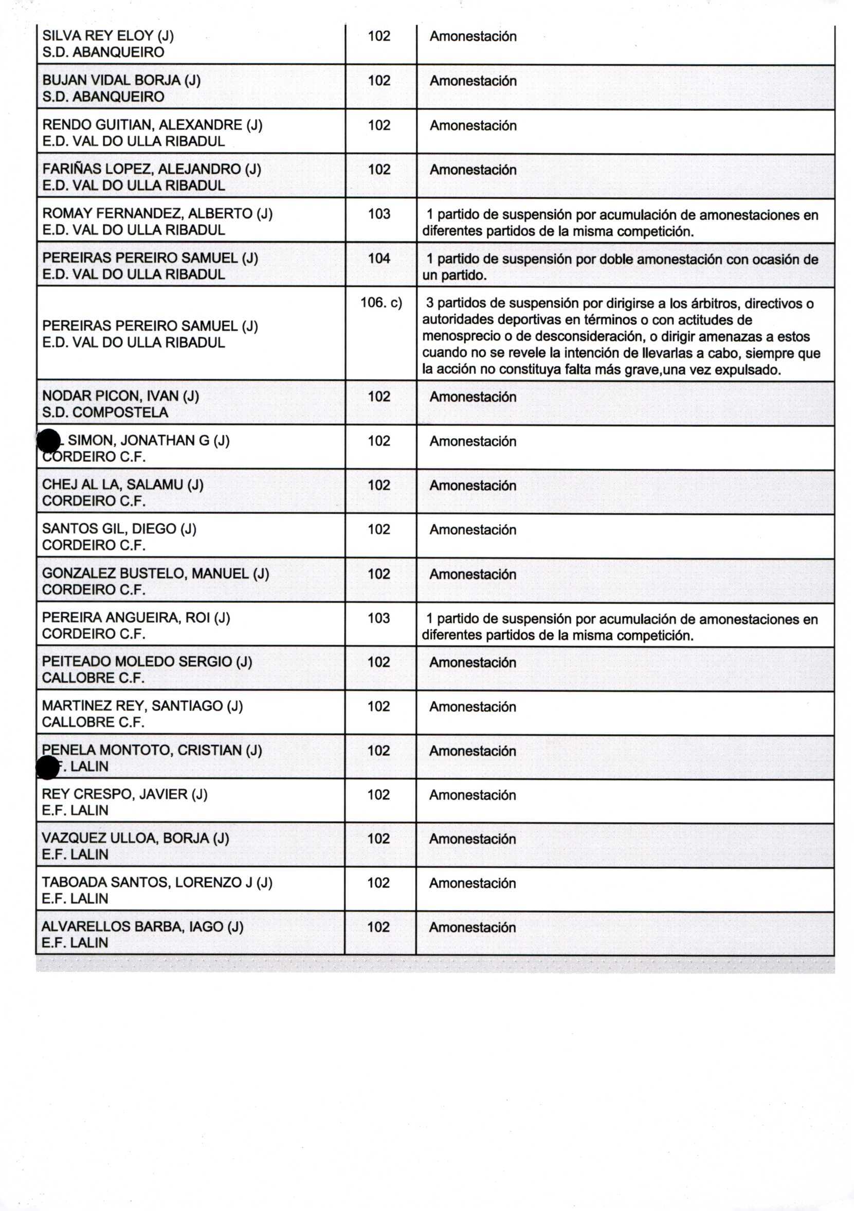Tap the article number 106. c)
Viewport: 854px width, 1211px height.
click(x=380, y=303)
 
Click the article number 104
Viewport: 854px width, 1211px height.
click(x=379, y=258)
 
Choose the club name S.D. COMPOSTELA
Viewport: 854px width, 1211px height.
click(x=105, y=413)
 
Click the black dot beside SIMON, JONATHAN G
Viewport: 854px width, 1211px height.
click(x=48, y=440)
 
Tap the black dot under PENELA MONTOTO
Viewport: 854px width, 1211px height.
click(x=47, y=768)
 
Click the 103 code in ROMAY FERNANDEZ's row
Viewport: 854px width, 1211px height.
click(x=379, y=214)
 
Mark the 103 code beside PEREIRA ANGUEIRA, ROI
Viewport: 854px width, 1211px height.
click(x=378, y=618)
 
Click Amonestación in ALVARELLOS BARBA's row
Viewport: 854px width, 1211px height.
click(x=473, y=928)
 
